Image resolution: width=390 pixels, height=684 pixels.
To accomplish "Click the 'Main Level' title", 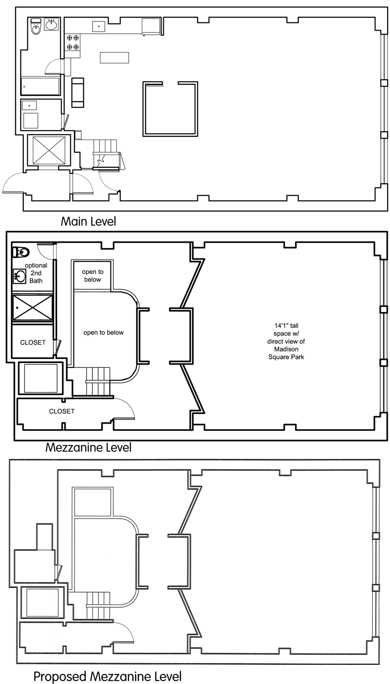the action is pyautogui.click(x=88, y=221).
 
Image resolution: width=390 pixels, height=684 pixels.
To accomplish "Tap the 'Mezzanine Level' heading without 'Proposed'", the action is pyautogui.click(x=88, y=448).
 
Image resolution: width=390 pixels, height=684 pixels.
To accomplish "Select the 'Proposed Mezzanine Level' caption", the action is pyautogui.click(x=108, y=677).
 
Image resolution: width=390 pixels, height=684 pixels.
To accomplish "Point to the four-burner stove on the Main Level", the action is pyautogui.click(x=73, y=42).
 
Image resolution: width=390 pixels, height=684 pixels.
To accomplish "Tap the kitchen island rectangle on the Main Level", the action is pyautogui.click(x=114, y=58).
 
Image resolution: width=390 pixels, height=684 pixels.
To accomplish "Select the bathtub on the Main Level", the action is pyautogui.click(x=40, y=87).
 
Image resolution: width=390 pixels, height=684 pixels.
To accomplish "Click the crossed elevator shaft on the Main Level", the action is pyautogui.click(x=49, y=150).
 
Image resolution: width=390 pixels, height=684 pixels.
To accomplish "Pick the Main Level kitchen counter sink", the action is pyautogui.click(x=99, y=26).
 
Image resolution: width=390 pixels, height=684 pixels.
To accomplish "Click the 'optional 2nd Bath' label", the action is pyautogui.click(x=36, y=273).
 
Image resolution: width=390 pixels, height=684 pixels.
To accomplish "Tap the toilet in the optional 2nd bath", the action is pyautogui.click(x=21, y=252).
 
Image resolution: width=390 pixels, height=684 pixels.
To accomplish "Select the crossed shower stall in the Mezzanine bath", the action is pyautogui.click(x=33, y=308).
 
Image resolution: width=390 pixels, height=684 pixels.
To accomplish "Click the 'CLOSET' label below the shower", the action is pyautogui.click(x=33, y=342).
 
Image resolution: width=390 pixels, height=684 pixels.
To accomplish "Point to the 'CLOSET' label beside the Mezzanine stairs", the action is pyautogui.click(x=62, y=411).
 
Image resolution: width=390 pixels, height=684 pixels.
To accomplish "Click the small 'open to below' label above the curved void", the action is pyautogui.click(x=93, y=276).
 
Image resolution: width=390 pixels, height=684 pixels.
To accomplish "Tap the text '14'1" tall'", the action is pyautogui.click(x=286, y=326).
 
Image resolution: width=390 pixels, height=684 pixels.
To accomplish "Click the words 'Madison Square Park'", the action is pyautogui.click(x=286, y=352).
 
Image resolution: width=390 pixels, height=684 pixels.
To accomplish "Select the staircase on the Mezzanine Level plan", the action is pyautogui.click(x=98, y=381).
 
